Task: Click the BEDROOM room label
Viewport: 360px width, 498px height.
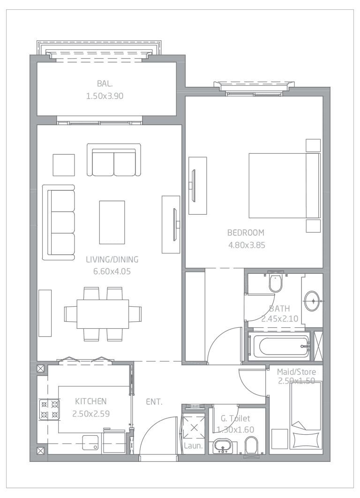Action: coord(246,233)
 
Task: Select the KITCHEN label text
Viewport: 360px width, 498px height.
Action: coord(91,401)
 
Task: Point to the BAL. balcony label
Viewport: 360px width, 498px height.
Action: coord(105,84)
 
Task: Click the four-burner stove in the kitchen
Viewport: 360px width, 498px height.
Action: coord(50,409)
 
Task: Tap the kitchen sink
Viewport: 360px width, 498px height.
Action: coord(90,442)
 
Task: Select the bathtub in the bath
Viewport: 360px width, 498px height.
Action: coord(279,347)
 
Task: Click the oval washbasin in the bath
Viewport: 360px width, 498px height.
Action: coord(312,301)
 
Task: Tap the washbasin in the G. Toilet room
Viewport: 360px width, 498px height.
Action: coord(223,446)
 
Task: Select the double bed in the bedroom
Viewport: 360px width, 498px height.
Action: coord(285,186)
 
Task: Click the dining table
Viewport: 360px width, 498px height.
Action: coord(103,314)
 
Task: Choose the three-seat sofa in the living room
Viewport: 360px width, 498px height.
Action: coord(59,223)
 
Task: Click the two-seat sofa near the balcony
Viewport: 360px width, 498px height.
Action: coord(114,160)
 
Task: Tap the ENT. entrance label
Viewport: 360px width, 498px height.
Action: coord(154,402)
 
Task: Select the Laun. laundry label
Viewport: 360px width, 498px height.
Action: coord(193,445)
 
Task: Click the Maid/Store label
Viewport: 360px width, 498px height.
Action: coord(296,372)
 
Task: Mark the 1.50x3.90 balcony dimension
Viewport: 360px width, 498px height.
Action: coord(105,96)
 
